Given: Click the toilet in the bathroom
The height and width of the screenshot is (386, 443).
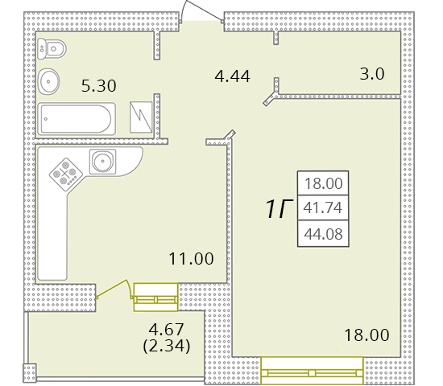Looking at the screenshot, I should pos(53,48).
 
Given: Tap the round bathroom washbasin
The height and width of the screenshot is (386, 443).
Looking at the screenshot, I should pos(48,80).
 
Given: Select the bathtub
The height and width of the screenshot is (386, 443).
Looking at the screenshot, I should pos(78,119).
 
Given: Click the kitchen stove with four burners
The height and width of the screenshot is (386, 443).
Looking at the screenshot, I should pos(64,172).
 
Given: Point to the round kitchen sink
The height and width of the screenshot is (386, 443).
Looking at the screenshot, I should pos(103,162).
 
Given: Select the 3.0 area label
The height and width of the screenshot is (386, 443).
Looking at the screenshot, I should pos(371,75).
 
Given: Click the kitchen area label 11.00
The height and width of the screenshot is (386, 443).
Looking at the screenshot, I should pos(191,259).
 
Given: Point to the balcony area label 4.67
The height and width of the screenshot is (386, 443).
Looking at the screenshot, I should pos(164,330).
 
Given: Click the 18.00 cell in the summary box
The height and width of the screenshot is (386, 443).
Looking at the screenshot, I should pos(322,183).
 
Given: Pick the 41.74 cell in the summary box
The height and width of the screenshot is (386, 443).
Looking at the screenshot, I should pos(322,208).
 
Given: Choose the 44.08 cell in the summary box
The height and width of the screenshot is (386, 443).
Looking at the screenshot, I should pos(322,234).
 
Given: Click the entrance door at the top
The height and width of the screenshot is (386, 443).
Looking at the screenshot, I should pos(197,13).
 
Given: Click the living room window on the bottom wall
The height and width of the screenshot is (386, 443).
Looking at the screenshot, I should pos(312,372).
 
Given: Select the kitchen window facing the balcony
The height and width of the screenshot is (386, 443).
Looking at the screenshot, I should pos(155,296).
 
